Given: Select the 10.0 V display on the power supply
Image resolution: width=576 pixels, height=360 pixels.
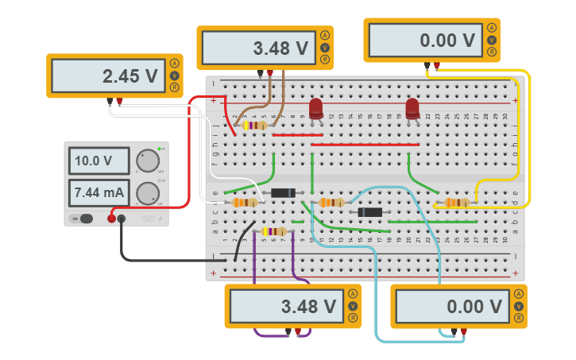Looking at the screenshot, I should tap(99, 161).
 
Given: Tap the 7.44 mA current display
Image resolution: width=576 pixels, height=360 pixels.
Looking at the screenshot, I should tap(99, 192).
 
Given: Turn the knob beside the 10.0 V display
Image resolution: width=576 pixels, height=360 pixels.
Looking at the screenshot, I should tap(147, 160).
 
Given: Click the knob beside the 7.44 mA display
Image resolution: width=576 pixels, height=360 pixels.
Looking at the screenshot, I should tap(147, 192).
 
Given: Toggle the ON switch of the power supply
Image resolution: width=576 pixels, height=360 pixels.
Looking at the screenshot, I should tap(82, 219).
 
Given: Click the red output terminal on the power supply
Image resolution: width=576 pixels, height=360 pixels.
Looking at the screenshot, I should tap(111, 219).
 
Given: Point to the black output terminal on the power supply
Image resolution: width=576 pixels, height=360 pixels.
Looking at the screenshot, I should tap(122, 219).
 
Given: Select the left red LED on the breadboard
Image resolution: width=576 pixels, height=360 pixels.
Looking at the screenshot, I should tap(316, 108).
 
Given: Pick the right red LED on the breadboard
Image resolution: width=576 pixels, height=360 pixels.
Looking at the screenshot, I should tap(412, 108).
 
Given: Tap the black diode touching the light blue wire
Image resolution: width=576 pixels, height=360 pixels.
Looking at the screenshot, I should tap(370, 212).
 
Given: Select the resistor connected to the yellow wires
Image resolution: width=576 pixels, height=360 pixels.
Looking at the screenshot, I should tap(456, 203).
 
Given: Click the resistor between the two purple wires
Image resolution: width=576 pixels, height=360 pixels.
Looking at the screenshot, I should tap(273, 231).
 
